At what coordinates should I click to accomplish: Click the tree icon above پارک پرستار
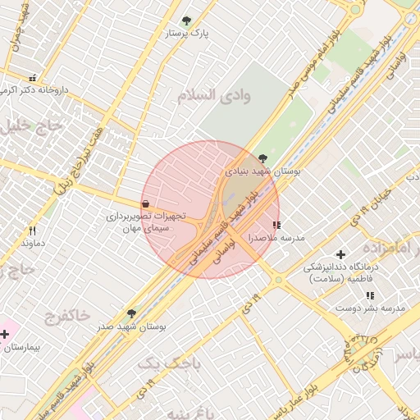point(185,20)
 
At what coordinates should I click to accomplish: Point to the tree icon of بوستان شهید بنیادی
point(262,157)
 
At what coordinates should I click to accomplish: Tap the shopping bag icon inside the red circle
point(145,203)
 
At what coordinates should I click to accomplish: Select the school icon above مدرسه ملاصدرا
point(276,224)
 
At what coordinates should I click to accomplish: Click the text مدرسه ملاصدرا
point(281,237)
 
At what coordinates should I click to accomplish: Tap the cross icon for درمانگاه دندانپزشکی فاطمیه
point(341,254)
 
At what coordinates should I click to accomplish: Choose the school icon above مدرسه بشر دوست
point(370,294)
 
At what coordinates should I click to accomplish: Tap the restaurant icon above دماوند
point(32,231)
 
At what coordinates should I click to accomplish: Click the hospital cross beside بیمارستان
point(6,334)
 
